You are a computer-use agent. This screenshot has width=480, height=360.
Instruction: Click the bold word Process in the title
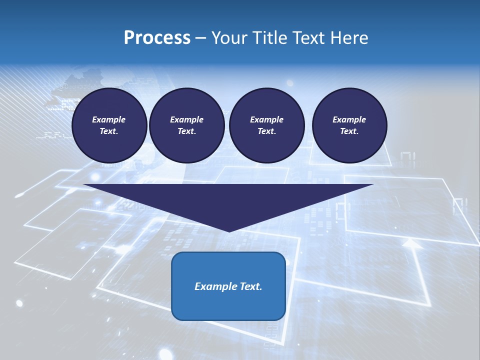[x=157, y=38]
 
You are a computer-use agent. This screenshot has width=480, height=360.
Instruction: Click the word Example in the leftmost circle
[x=109, y=119]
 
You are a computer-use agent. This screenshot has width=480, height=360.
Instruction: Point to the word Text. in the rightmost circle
[x=349, y=131]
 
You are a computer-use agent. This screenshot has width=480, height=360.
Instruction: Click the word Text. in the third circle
[x=266, y=131]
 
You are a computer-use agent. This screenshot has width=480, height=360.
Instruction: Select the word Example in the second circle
[x=186, y=119]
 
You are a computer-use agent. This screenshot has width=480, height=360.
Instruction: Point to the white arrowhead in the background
[x=412, y=243]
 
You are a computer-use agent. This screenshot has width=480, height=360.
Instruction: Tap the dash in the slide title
[x=201, y=38]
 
